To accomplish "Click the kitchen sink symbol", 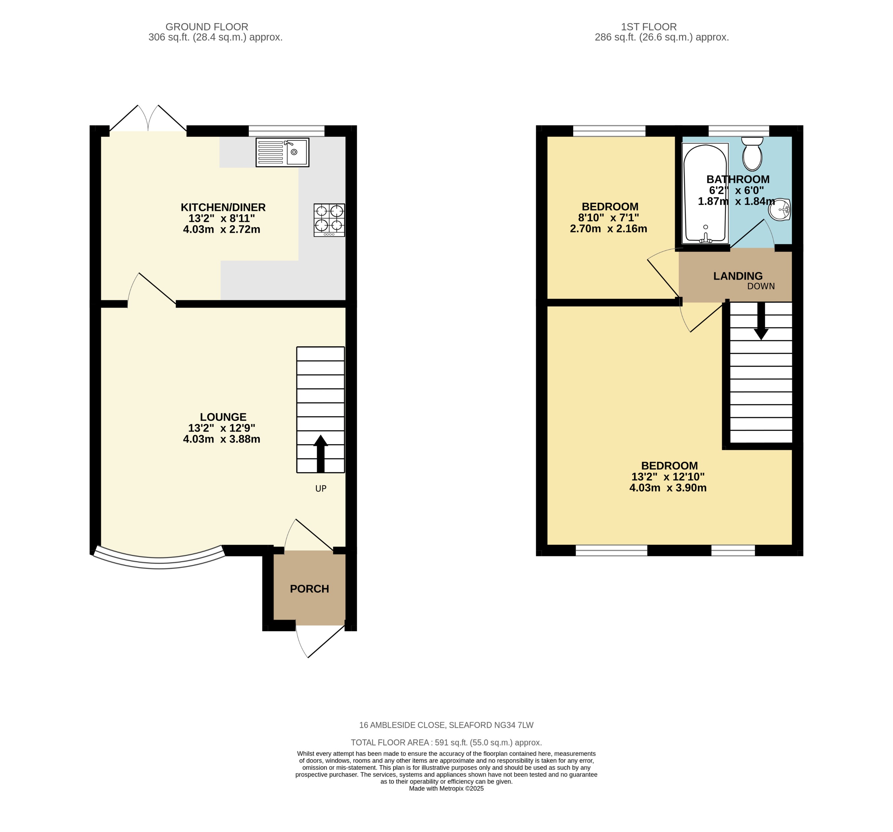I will click(x=282, y=153).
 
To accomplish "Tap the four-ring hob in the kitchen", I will click(x=329, y=220).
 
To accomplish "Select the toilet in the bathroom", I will click(x=752, y=154).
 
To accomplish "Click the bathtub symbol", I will click(x=705, y=193).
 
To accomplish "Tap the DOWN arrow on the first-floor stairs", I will click(x=760, y=321).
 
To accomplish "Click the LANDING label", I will click(x=738, y=276).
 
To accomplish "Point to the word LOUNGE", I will click(x=223, y=417).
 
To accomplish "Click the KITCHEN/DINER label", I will click(x=223, y=207).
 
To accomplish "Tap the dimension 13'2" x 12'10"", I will click(x=668, y=476).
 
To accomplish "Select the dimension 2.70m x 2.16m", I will click(x=608, y=228).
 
